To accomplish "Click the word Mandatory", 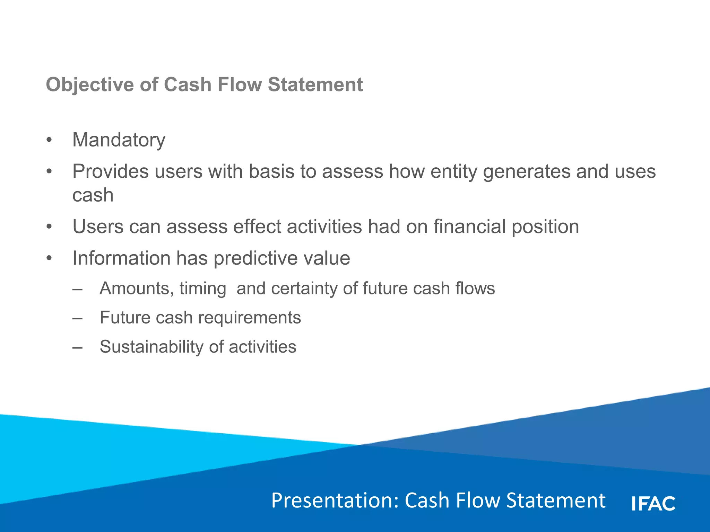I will point(119,140).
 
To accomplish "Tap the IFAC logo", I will point(653,503).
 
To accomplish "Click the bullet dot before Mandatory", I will point(49,140).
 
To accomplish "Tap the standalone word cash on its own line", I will point(93,195).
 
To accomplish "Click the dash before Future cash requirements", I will point(78,318).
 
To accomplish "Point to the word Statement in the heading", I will point(315,85).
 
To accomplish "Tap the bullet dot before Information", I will point(49,258).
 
